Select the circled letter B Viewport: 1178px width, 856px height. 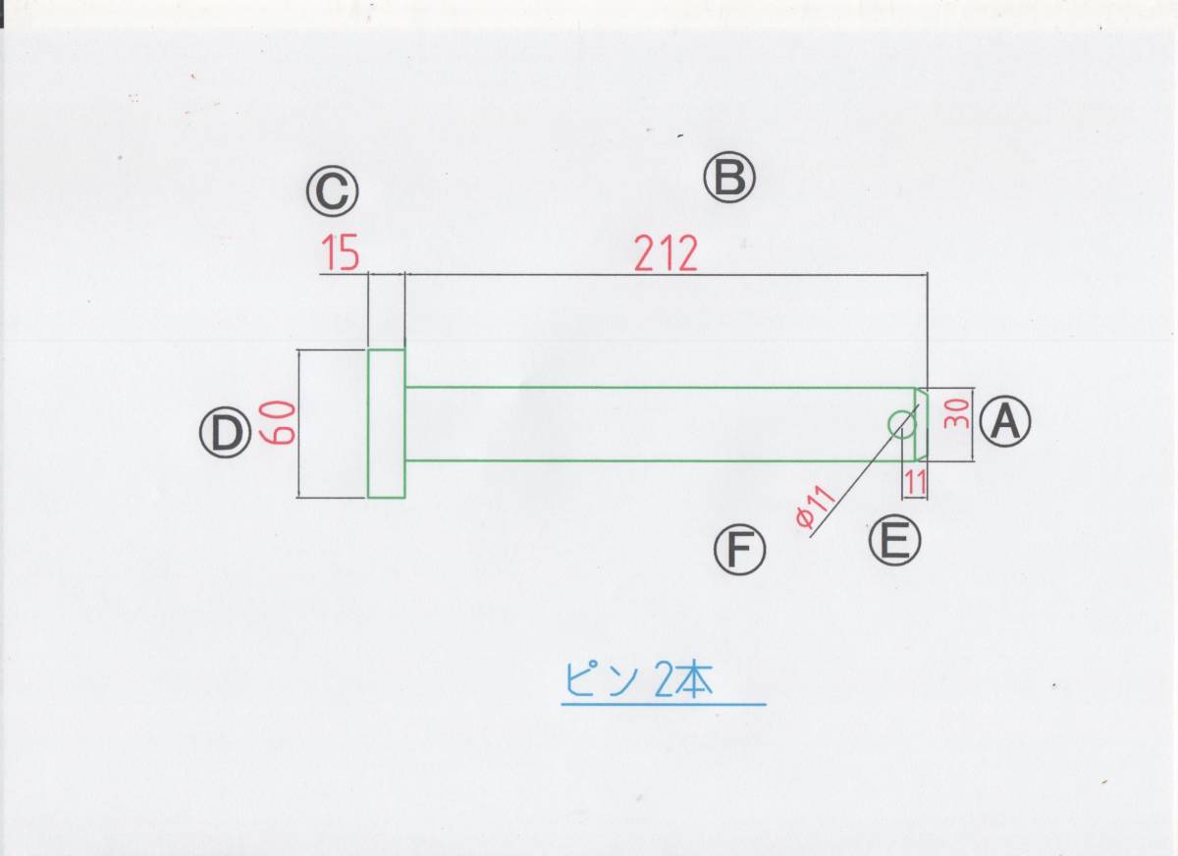729,179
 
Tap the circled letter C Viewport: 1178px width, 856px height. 332,192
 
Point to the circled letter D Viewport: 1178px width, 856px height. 226,434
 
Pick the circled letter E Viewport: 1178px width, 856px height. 894,541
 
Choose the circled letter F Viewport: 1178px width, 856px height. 739,551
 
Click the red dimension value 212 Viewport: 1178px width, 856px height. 666,255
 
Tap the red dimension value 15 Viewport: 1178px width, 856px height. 340,255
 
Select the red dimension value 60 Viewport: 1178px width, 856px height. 277,424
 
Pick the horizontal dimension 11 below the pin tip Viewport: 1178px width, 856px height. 915,482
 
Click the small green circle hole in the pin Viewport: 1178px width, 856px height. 902,423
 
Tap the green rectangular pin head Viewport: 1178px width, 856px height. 387,423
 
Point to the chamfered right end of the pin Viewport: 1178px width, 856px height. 921,423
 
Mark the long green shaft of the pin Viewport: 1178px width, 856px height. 648,423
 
